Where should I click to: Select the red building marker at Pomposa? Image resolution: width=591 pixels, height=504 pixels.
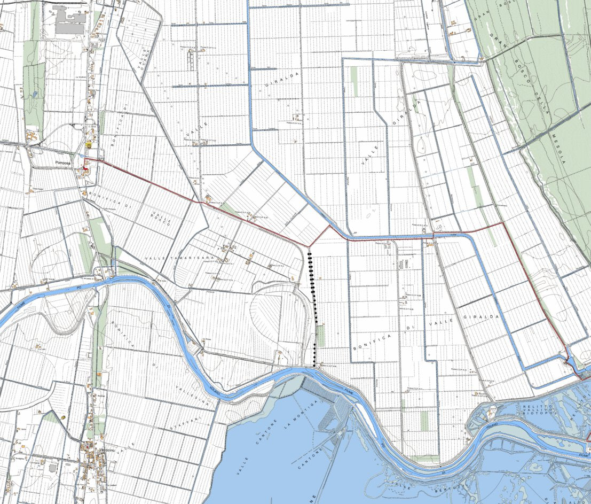click(84, 170)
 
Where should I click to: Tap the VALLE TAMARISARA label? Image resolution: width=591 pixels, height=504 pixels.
click(179, 258)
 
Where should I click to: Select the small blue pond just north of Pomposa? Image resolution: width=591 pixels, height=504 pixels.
click(80, 156)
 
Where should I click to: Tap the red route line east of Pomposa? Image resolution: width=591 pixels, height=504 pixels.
click(144, 181)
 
